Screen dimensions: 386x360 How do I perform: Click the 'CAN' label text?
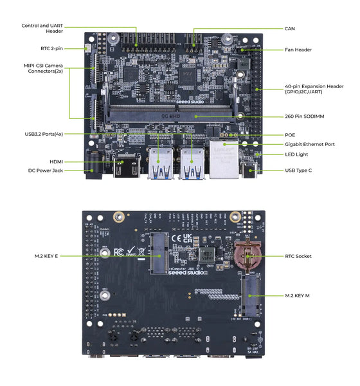point(290,29)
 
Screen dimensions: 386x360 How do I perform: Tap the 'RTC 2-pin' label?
point(51,48)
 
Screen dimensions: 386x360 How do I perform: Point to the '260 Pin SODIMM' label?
point(303,116)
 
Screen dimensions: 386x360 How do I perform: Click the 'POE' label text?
point(290,135)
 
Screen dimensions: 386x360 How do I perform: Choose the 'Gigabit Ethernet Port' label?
point(310,144)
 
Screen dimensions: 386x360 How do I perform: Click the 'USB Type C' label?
point(298,170)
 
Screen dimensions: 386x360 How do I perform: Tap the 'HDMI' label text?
point(56,161)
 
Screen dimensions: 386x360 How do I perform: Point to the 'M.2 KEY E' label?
point(47,256)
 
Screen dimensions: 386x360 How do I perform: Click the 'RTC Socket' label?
point(298,256)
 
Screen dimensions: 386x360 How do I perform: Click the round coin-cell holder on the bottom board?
point(246,257)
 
